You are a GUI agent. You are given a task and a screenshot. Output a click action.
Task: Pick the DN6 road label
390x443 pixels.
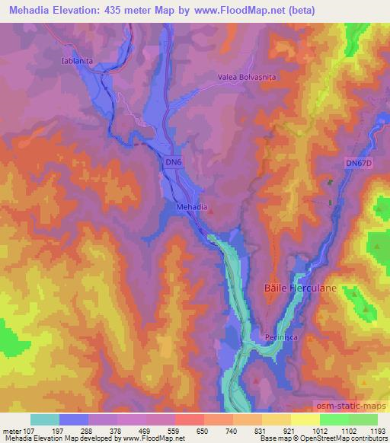point(174,162)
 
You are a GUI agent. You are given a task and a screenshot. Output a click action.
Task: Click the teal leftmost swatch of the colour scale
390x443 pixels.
point(45,419)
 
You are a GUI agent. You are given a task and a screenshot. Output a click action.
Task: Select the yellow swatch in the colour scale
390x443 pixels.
point(305,419)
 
